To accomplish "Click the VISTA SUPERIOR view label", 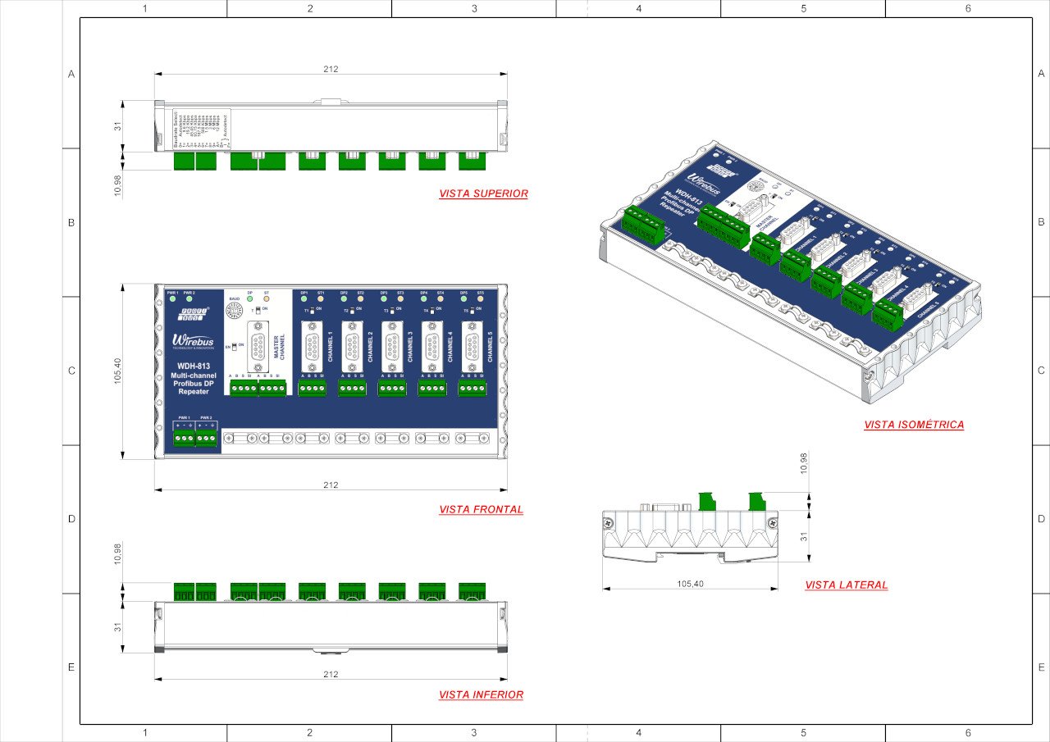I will click(483, 194).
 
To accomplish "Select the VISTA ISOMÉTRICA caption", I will click(914, 425).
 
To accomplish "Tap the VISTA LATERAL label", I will click(846, 585).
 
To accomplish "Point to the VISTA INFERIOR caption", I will click(481, 694).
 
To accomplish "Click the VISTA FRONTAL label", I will click(481, 509).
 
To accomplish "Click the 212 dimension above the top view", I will click(331, 70).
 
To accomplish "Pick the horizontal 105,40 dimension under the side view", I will click(690, 584).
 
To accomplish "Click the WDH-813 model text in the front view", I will click(189, 366).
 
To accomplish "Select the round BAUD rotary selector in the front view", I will click(234, 310).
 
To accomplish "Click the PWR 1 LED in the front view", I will click(172, 299).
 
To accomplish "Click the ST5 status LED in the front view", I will click(481, 299).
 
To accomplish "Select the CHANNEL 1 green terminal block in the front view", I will click(312, 389).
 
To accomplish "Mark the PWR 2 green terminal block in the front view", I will click(207, 439).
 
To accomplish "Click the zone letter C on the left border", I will click(71, 371).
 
